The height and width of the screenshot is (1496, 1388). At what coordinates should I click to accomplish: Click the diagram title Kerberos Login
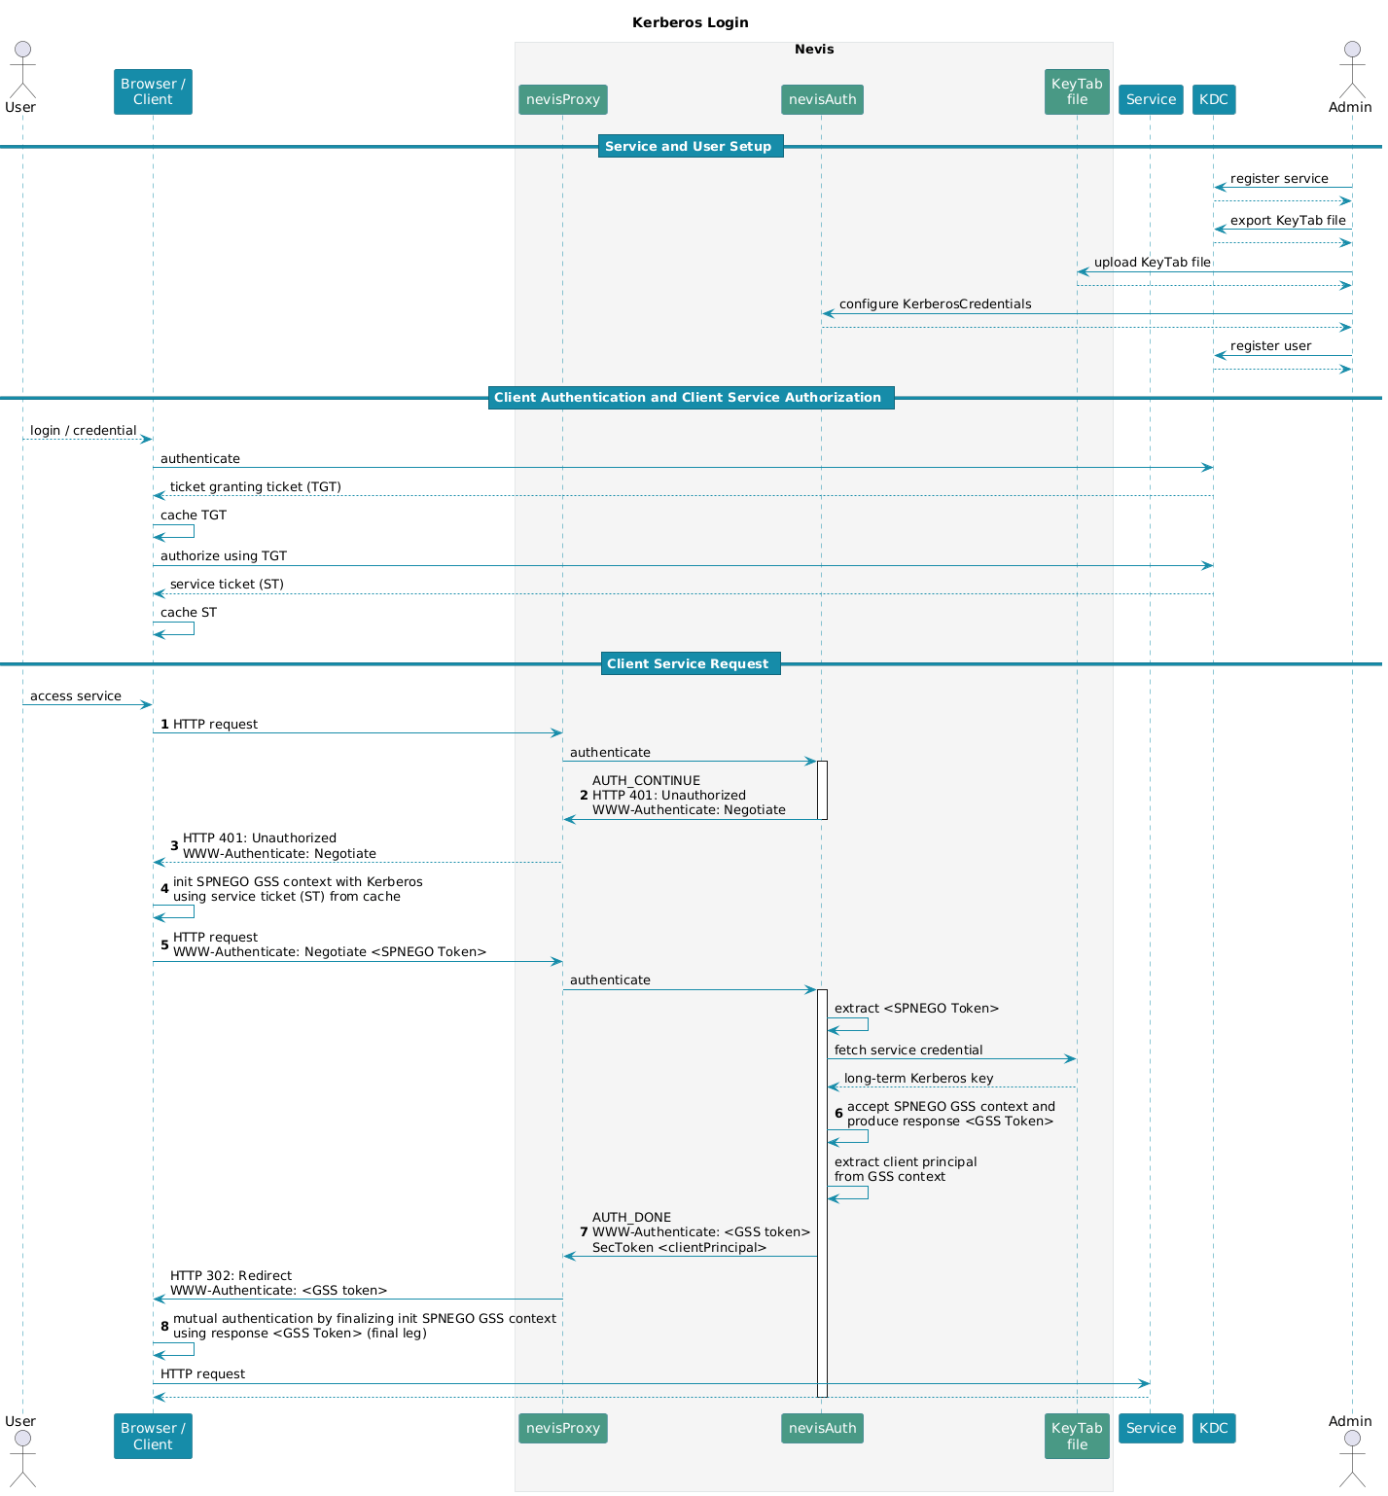[x=690, y=22]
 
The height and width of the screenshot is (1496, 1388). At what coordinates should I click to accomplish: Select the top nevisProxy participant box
[x=563, y=99]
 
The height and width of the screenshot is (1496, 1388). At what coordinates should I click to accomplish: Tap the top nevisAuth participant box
[x=822, y=99]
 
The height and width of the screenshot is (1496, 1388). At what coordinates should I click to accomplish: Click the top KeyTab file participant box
[x=1077, y=91]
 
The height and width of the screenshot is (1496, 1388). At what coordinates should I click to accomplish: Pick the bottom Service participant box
[x=1151, y=1428]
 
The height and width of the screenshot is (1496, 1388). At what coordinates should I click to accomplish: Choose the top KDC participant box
[x=1214, y=99]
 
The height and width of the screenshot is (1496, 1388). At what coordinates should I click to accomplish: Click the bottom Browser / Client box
[x=153, y=1436]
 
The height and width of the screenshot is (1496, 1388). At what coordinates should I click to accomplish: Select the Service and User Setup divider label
[x=690, y=147]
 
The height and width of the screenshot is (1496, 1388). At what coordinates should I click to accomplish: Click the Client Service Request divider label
[x=690, y=664]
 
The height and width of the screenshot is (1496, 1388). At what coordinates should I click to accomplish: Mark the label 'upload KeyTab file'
[x=1152, y=263]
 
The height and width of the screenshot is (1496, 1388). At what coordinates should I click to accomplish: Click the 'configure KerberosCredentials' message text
[x=935, y=304]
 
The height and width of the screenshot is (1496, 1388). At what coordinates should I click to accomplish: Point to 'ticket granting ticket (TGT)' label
[x=256, y=487]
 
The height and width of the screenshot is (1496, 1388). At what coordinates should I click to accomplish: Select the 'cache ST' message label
[x=189, y=613]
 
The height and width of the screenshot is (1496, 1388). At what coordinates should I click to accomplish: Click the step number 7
[x=584, y=1232]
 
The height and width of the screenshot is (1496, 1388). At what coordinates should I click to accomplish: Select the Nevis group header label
[x=814, y=50]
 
